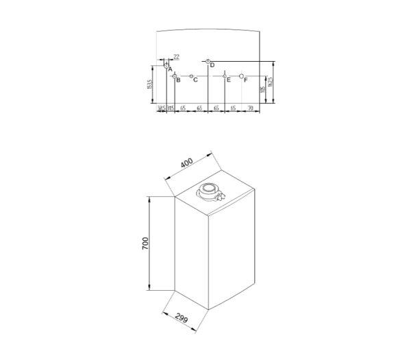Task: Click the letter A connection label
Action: [170, 69]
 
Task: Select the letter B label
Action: [178, 80]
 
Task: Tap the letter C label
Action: [195, 80]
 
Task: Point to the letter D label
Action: [212, 65]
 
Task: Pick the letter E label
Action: [229, 80]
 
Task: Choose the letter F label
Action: [245, 80]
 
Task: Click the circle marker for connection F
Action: [242, 75]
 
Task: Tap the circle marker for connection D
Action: [208, 62]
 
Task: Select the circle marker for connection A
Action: [166, 65]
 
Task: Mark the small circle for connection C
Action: [191, 75]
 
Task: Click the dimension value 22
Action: [176, 57]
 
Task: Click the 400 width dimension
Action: [186, 164]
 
